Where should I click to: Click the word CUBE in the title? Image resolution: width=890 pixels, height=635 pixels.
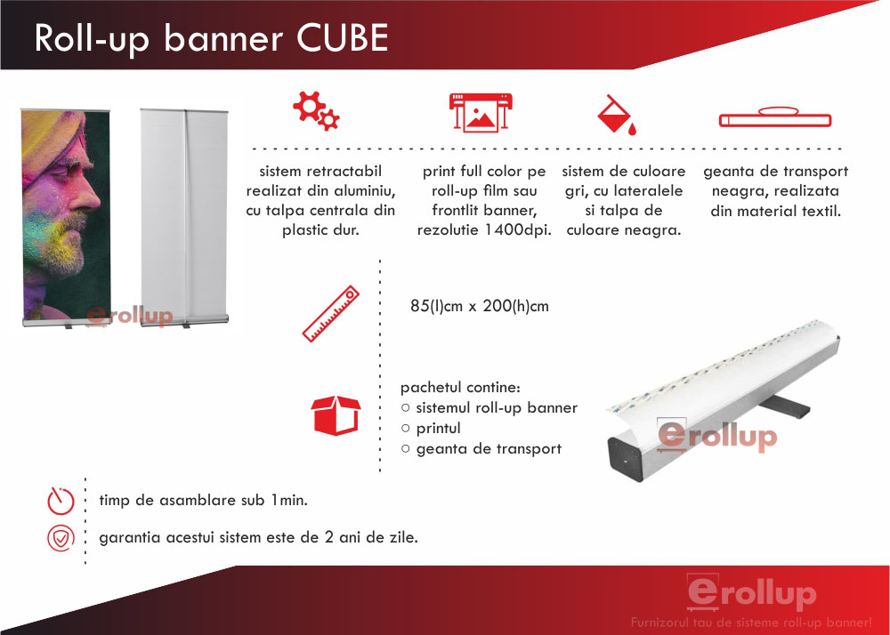pos(343,38)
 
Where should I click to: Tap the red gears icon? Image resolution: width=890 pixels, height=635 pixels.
pos(316,111)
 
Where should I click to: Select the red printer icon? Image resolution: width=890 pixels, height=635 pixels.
pos(481,112)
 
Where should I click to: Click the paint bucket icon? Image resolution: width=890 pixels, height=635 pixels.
pos(617,115)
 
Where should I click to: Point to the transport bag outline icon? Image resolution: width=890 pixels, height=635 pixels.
pos(775,117)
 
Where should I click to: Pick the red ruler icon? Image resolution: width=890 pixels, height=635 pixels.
pos(331,314)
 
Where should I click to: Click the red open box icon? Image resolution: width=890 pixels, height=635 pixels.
pos(336,415)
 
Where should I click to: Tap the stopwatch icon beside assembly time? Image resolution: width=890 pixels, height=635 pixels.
pos(61,501)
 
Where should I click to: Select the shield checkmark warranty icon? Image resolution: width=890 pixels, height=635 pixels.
pos(61,538)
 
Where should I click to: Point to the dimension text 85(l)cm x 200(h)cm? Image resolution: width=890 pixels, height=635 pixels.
pos(480,306)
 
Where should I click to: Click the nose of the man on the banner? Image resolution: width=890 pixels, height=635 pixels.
pos(90,196)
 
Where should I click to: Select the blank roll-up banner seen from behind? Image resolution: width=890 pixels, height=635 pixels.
pos(184,218)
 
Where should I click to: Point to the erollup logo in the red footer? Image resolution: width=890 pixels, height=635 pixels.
pos(751,592)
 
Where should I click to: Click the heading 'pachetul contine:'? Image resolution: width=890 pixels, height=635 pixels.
pos(460,388)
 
